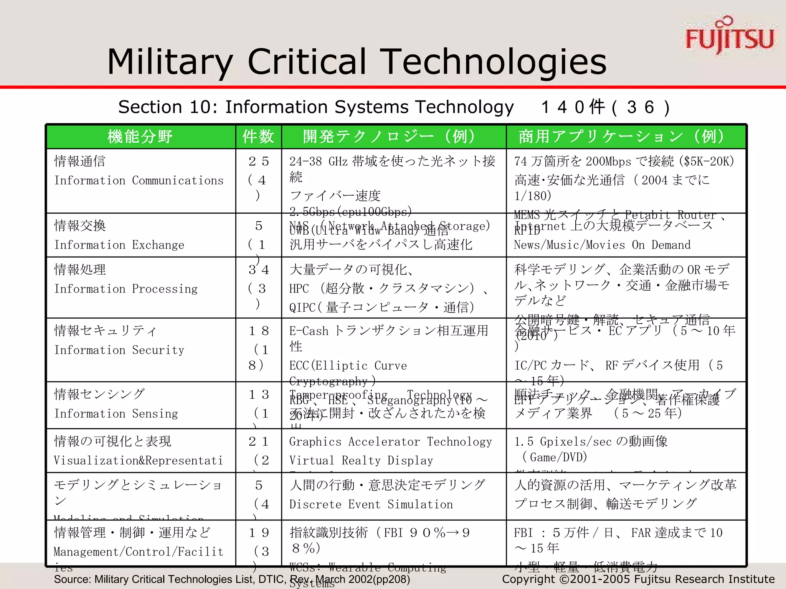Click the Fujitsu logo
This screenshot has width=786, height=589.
(729, 36)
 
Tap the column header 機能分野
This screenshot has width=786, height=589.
(140, 137)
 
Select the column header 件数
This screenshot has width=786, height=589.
(258, 137)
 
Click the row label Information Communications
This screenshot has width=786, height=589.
(139, 181)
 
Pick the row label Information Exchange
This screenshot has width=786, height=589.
(119, 245)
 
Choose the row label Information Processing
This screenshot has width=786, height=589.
(126, 289)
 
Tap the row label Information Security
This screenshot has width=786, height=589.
(119, 350)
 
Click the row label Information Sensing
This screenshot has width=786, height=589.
(116, 414)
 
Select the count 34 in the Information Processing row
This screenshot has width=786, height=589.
(259, 270)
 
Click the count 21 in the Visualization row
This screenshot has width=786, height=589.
(259, 441)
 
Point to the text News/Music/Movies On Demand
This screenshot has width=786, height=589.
(602, 245)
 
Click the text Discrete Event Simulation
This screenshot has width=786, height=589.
(371, 504)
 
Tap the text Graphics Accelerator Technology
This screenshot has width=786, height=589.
(390, 442)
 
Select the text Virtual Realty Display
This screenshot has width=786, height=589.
(361, 461)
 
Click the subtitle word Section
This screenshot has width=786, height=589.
(150, 107)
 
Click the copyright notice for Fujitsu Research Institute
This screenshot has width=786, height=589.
(638, 579)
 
